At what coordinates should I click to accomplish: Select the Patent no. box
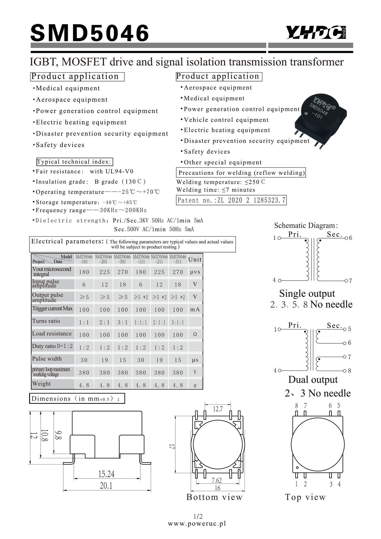pos(231,200)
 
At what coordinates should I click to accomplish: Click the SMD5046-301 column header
pos(122,259)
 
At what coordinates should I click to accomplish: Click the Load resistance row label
pos(52,334)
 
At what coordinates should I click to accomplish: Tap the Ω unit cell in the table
pos(195,334)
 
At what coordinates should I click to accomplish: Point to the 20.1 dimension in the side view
pos(106,486)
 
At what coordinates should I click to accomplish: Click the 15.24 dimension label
pos(106,474)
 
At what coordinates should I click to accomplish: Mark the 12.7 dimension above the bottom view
pos(218,409)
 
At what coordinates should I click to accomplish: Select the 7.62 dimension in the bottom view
pos(217,480)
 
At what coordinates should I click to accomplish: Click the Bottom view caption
pos(214,497)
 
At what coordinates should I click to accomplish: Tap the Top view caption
pos(305,497)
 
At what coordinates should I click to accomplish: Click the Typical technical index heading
pos(75,162)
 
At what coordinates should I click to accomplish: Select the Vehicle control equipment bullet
pos(226,120)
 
